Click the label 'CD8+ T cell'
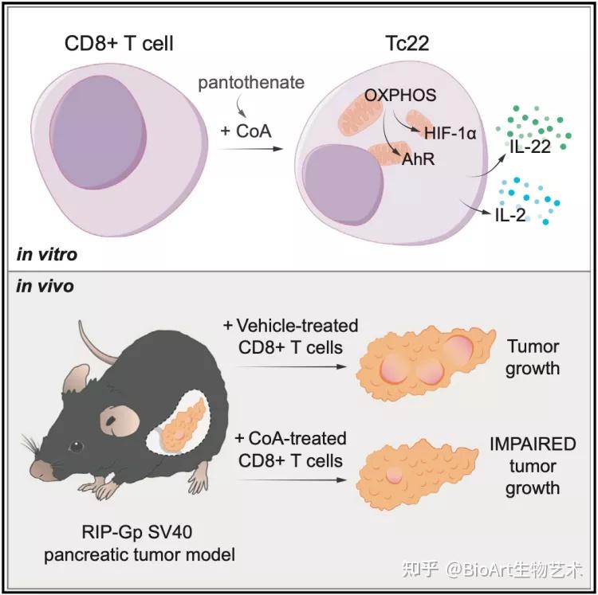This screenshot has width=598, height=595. [x=119, y=43]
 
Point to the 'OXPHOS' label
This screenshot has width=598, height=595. [x=400, y=96]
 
